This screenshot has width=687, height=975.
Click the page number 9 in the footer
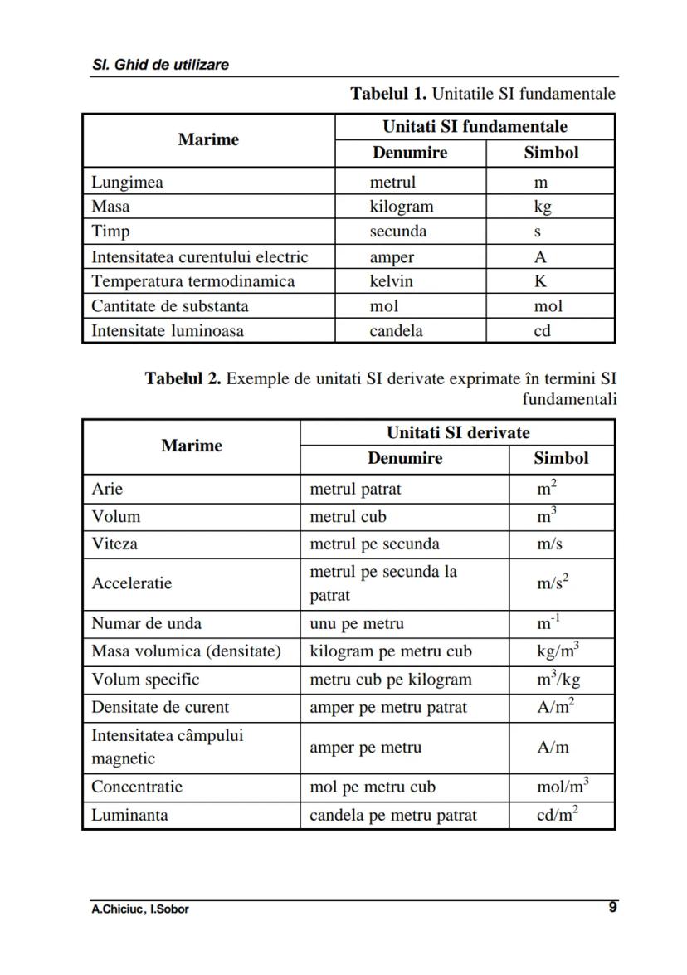[612, 907]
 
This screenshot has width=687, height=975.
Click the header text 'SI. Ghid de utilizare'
[160, 64]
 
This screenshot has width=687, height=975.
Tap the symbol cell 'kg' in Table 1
[543, 207]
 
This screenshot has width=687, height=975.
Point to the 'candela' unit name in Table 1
[396, 331]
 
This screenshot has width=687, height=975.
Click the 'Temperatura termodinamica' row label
[192, 281]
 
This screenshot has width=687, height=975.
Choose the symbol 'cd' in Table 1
[542, 331]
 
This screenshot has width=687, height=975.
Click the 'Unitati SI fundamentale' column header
[475, 127]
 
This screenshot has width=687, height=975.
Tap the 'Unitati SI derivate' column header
[457, 432]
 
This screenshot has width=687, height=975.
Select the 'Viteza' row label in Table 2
[114, 544]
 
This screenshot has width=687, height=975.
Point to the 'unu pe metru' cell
[357, 623]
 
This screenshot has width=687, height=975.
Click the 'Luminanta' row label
[129, 815]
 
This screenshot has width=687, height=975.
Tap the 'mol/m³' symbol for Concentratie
[563, 787]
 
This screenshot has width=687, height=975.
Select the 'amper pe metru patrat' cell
[387, 708]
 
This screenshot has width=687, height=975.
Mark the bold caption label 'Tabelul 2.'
[183, 379]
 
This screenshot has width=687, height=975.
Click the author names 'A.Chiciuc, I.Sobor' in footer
[140, 909]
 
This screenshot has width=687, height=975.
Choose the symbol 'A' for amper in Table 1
[540, 256]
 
